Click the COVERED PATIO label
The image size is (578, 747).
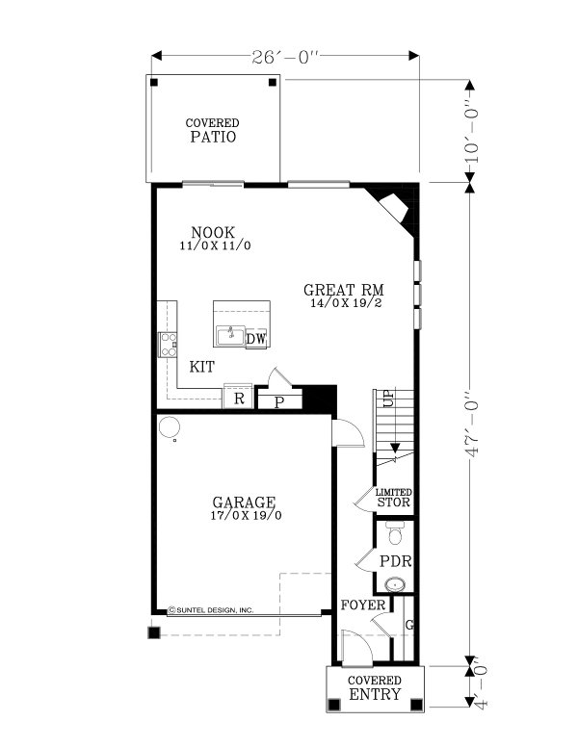213,131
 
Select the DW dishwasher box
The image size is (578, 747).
256,338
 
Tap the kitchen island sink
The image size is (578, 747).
230,335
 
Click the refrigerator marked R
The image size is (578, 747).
238,397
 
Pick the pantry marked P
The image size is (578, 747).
279,400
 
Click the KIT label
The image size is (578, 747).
201,367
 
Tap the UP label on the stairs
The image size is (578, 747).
388,399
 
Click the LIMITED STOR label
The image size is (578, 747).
394,497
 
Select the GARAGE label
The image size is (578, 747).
244,507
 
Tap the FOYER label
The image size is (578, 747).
363,605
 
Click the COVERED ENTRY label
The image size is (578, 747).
375,687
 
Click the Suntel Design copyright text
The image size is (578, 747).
211,609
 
